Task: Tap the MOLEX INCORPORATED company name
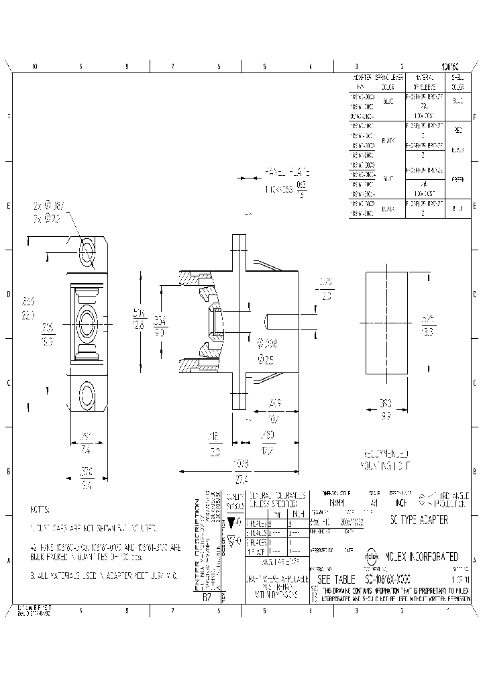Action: (x=422, y=557)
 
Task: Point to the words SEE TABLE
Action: (x=333, y=579)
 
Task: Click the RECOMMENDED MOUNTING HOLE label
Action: (x=389, y=458)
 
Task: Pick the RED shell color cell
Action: (x=458, y=130)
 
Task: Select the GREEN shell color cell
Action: (x=458, y=178)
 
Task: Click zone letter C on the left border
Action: (x=8, y=383)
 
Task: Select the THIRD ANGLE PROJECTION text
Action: (x=447, y=499)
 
